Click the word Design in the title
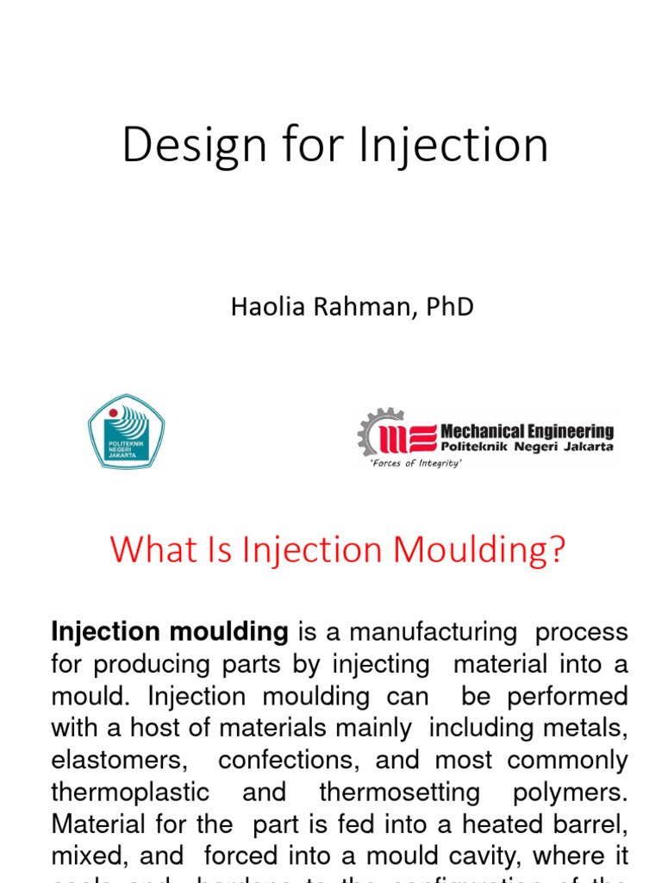pyautogui.click(x=183, y=144)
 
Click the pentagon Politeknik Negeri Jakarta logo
pyautogui.click(x=126, y=431)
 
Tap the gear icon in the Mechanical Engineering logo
pyautogui.click(x=379, y=431)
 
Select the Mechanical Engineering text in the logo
pyautogui.click(x=527, y=430)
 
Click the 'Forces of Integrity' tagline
pyautogui.click(x=415, y=464)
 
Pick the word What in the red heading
pyautogui.click(x=144, y=550)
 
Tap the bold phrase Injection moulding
pyautogui.click(x=170, y=632)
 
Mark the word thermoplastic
pyautogui.click(x=130, y=792)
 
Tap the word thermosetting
pyautogui.click(x=388, y=792)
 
